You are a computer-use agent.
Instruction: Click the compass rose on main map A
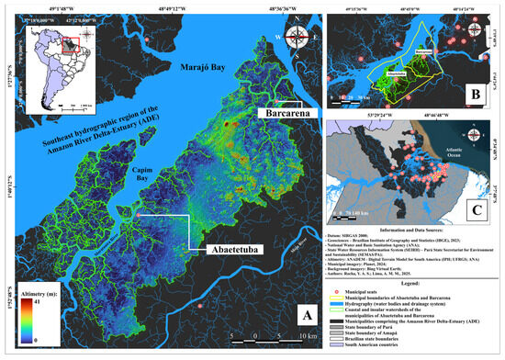tap(297, 38)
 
